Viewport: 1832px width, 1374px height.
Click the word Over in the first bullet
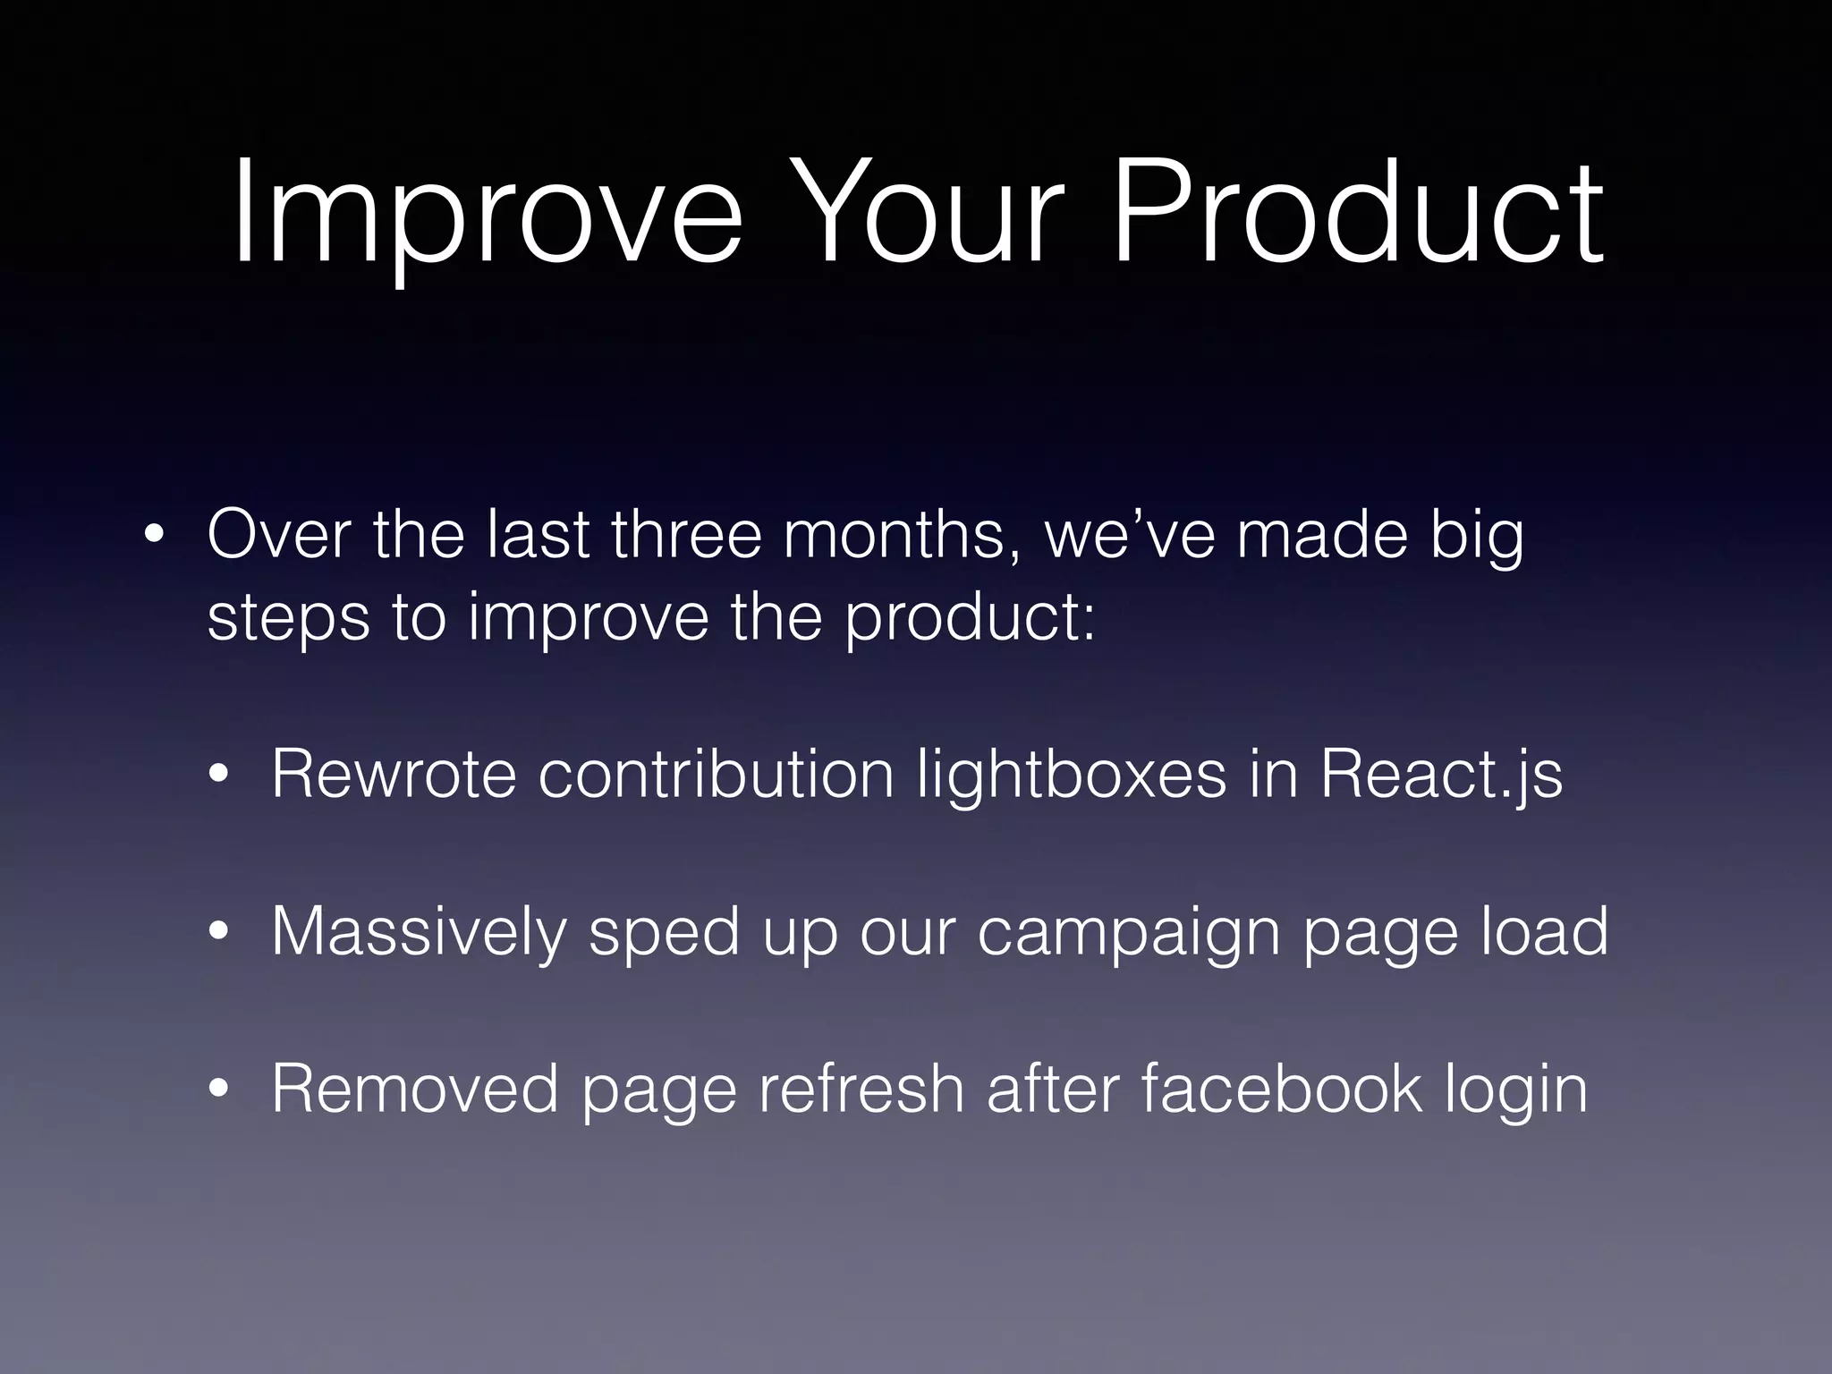[278, 535]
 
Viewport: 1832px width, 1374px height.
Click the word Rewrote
[394, 773]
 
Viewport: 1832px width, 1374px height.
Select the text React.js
[1440, 775]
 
